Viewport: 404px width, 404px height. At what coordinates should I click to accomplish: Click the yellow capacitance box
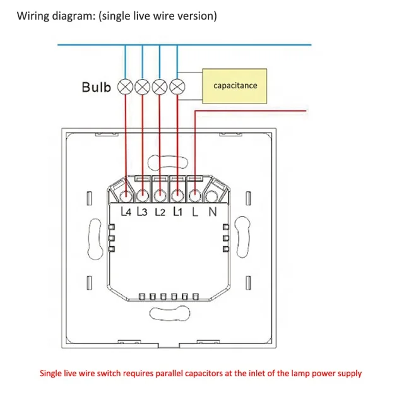(x=234, y=86)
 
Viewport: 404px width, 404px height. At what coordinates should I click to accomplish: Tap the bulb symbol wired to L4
(x=125, y=86)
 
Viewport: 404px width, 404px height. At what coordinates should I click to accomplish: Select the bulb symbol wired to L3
(x=143, y=86)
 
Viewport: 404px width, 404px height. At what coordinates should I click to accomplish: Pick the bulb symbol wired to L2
(x=160, y=86)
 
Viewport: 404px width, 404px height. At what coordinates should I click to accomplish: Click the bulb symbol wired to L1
(x=177, y=86)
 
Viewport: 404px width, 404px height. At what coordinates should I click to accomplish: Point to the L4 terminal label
(x=126, y=212)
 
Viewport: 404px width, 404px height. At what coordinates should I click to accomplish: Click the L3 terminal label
(x=142, y=212)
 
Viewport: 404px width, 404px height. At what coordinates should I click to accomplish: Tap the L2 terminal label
(x=160, y=212)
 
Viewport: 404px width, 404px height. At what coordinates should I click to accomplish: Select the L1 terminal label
(x=178, y=212)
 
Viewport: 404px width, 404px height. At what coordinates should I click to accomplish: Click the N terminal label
(x=213, y=212)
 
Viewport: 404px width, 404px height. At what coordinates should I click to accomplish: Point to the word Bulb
(x=97, y=87)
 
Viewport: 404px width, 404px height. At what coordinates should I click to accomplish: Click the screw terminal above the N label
(x=212, y=196)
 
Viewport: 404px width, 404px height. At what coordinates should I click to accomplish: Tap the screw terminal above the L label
(x=195, y=196)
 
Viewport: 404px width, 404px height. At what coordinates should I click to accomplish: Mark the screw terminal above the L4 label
(x=126, y=196)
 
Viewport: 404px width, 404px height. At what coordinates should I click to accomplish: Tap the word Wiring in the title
(x=33, y=16)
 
